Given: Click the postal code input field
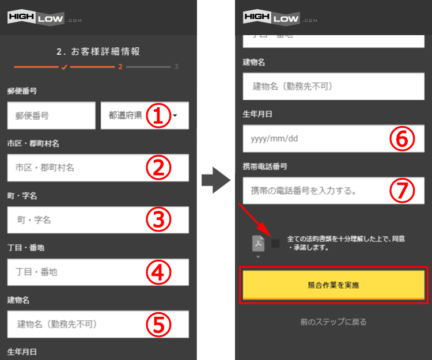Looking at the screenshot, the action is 51,115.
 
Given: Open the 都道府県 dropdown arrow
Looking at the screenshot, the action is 175,115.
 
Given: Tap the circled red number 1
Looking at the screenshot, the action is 158,115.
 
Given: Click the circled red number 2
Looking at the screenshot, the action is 158,168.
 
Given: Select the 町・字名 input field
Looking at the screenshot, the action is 98,220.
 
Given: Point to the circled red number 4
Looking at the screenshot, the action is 158,272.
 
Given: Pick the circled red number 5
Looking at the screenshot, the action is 158,324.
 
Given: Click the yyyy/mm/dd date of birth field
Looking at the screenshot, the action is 334,139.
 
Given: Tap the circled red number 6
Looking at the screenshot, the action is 402,139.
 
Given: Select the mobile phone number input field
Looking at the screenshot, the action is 334,191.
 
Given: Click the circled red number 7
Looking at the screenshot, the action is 402,191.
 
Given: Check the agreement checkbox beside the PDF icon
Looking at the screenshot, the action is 275,243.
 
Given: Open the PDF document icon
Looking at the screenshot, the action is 258,244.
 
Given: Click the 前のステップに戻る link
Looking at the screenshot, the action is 334,322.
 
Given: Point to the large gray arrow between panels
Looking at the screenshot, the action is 216,180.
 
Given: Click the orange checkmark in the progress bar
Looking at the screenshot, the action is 64,67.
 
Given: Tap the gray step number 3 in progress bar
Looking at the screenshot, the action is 176,67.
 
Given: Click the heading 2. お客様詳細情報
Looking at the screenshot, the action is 98,51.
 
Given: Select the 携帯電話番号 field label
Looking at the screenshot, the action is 265,166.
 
